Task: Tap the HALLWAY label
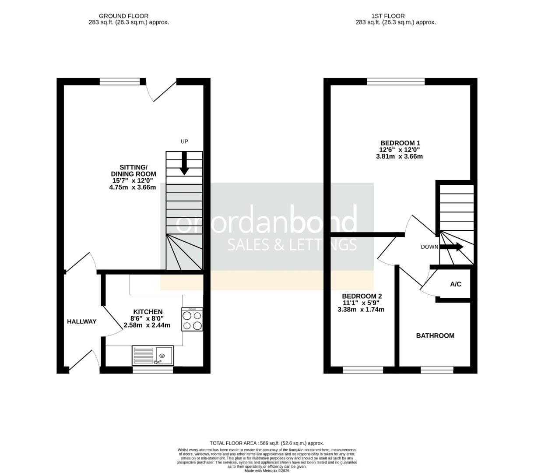tap(81, 322)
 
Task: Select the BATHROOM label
tap(435, 336)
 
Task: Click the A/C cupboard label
tap(456, 285)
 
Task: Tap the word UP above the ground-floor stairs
tap(184, 141)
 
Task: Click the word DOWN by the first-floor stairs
tap(429, 247)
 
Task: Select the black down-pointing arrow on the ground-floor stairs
tap(184, 163)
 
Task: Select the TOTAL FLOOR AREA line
tap(267, 443)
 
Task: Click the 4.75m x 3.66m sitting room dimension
tap(133, 187)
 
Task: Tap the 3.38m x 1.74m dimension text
tap(361, 310)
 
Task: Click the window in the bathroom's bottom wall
tap(437, 371)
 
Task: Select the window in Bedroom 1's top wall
tap(396, 81)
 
